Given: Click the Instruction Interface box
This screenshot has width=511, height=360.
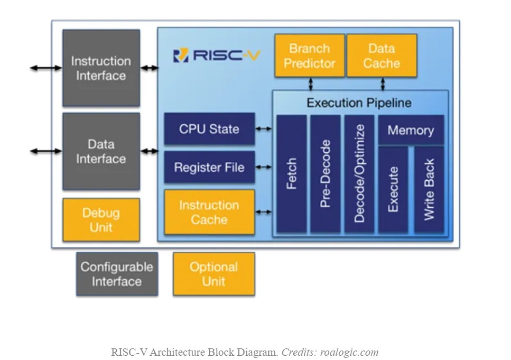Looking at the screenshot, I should pos(101,68).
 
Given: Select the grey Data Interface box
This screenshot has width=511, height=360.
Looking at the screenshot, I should pos(101,151).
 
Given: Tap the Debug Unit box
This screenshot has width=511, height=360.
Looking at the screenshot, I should pos(101,220).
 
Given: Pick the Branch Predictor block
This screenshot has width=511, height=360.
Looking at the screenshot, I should pos(310,56).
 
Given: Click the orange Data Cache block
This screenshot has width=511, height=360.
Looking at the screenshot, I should pos(381,56).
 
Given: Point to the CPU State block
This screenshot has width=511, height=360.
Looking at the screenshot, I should pos(209,128).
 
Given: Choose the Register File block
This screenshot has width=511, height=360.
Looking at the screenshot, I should pos(209,168).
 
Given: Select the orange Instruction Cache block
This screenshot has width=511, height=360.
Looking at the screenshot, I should pos(209,212).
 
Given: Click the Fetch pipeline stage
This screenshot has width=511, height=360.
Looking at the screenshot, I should pos(292,174).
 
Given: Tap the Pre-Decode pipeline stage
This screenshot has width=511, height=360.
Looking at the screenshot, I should pos(326,174).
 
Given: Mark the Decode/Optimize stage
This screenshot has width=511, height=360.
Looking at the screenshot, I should pos(359,174).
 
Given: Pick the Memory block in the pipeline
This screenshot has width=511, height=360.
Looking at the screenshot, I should pos(411,130).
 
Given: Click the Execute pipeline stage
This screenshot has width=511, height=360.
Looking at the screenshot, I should pos(393,189).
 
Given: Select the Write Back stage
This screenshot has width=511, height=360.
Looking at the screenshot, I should pos(429,189).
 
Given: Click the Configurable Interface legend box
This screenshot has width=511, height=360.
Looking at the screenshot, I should pos(117,274).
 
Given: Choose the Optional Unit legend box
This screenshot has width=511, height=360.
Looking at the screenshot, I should pos(213,274).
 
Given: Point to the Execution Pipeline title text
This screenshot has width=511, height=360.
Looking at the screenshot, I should pos(359,103).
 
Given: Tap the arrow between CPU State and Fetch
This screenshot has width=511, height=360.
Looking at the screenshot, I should pos(264,128).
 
